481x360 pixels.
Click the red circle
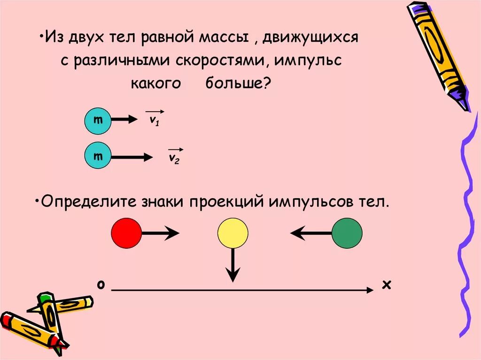(x=126, y=233)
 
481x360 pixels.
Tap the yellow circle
(x=233, y=233)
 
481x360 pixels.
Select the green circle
(x=347, y=233)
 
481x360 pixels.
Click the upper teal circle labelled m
(x=98, y=121)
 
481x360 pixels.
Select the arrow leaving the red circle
(x=160, y=233)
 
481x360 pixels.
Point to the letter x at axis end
(x=387, y=284)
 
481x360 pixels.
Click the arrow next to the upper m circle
(x=123, y=120)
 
